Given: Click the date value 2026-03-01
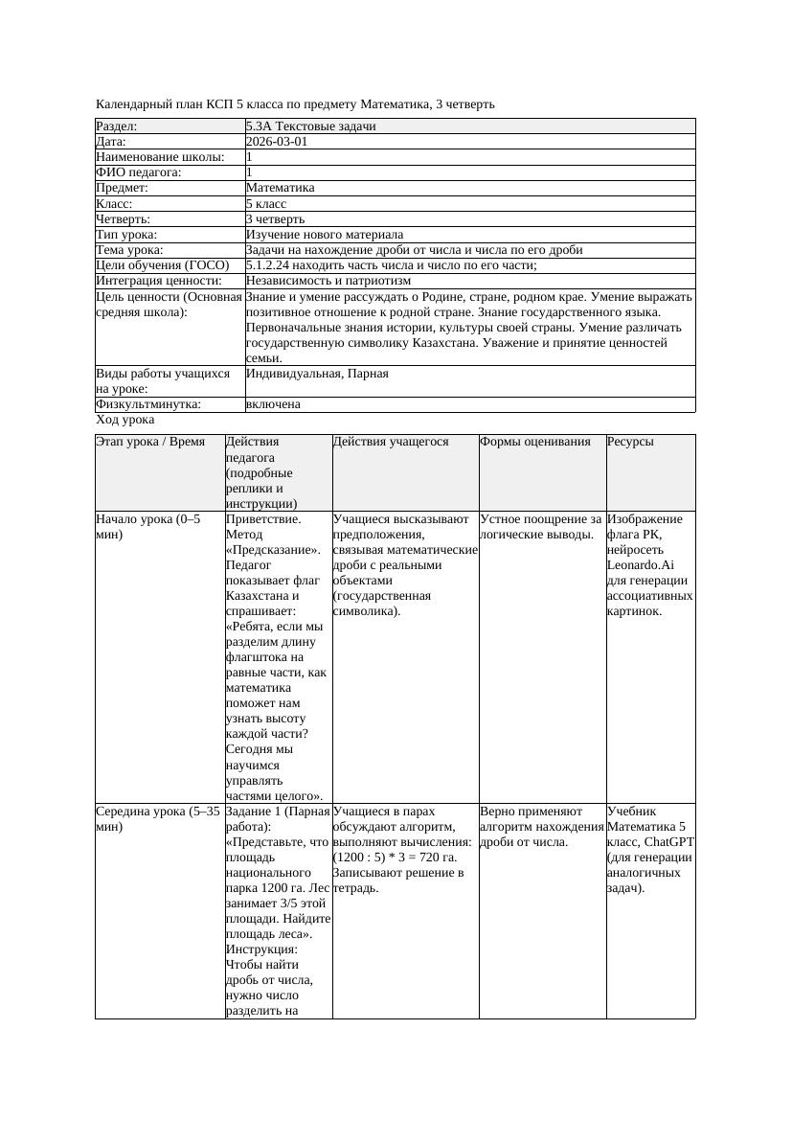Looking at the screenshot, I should [x=277, y=142].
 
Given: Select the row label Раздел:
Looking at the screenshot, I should [x=117, y=126].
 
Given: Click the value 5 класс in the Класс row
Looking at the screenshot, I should [x=266, y=204].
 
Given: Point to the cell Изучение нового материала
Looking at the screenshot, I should [x=325, y=235].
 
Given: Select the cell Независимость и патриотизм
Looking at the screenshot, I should [x=328, y=281].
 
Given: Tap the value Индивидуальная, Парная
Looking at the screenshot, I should [x=317, y=374].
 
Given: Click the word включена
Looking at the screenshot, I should [x=273, y=404].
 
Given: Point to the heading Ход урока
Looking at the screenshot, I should [x=125, y=420].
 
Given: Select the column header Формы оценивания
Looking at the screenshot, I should [x=535, y=442].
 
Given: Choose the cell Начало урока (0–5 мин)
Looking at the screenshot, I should [x=147, y=526].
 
